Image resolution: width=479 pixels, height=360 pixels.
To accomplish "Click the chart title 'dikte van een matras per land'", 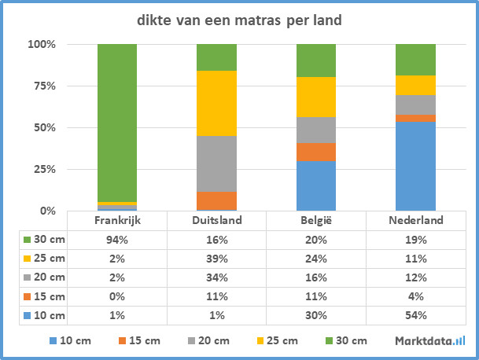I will pyautogui.click(x=240, y=20).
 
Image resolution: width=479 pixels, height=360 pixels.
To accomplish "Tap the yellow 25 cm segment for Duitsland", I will pyautogui.click(x=216, y=103).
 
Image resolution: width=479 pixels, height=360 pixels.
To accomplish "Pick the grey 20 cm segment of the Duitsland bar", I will pyautogui.click(x=216, y=163).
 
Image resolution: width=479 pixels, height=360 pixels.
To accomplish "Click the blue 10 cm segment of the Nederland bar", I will pyautogui.click(x=415, y=166).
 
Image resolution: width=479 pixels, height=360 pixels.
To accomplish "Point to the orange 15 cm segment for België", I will pyautogui.click(x=316, y=152).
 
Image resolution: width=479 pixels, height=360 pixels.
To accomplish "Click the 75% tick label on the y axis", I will pyautogui.click(x=42, y=86).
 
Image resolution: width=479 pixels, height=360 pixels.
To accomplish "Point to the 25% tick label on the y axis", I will pyautogui.click(x=42, y=169).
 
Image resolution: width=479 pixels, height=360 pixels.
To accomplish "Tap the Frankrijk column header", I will pyautogui.click(x=117, y=221).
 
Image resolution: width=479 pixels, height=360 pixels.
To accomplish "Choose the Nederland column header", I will pyautogui.click(x=415, y=221).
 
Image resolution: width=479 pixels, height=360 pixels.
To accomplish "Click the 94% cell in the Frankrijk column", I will pyautogui.click(x=117, y=239).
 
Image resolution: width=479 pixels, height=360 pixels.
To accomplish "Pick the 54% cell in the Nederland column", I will pyautogui.click(x=415, y=315).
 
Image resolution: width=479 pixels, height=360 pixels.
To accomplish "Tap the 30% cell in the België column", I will pyautogui.click(x=316, y=315).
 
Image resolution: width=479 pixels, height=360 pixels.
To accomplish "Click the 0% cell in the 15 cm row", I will pyautogui.click(x=117, y=296).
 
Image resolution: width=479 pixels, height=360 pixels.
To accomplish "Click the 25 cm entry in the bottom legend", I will pyautogui.click(x=280, y=340).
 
